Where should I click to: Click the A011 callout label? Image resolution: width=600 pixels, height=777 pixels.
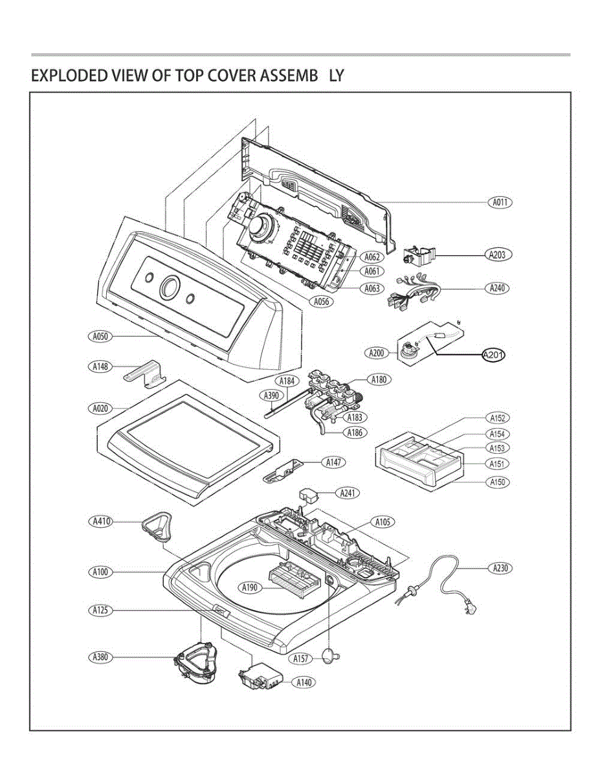[x=500, y=203]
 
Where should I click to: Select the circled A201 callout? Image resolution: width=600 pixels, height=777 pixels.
[x=493, y=355]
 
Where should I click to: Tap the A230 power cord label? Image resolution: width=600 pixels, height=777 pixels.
[x=500, y=568]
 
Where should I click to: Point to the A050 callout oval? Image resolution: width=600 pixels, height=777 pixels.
[x=100, y=337]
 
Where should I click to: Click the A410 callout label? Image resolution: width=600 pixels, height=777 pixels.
[x=101, y=521]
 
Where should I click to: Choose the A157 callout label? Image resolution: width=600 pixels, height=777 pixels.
[x=300, y=659]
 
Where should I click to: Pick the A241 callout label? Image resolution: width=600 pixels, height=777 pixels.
[x=348, y=493]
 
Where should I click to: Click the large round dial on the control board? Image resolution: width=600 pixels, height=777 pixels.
[x=260, y=225]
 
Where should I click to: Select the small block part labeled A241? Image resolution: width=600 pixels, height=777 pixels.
[x=308, y=496]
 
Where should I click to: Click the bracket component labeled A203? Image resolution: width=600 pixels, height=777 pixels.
[x=419, y=256]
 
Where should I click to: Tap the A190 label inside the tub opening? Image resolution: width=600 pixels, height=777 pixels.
[x=249, y=587]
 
